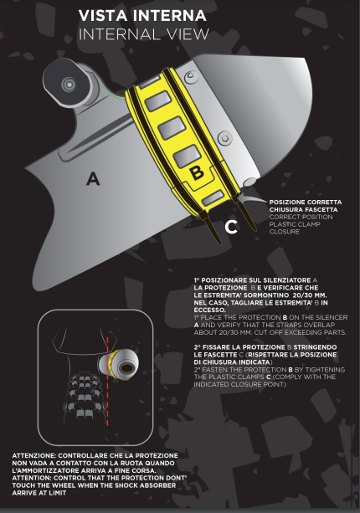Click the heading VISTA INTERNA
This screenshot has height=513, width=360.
142,16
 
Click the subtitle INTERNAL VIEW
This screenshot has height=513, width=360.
144,34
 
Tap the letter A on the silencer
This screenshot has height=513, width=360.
93,179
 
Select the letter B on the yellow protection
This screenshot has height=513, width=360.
197,172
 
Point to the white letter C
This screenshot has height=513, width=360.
231,227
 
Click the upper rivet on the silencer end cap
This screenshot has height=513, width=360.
191,77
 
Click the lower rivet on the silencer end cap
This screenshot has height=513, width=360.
225,138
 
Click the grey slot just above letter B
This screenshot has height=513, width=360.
187,156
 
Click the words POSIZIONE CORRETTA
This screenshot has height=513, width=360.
306,203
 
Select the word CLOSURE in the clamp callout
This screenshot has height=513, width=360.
285,232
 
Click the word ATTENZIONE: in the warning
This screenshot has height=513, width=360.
34,456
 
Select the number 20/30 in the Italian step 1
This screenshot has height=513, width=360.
302,295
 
